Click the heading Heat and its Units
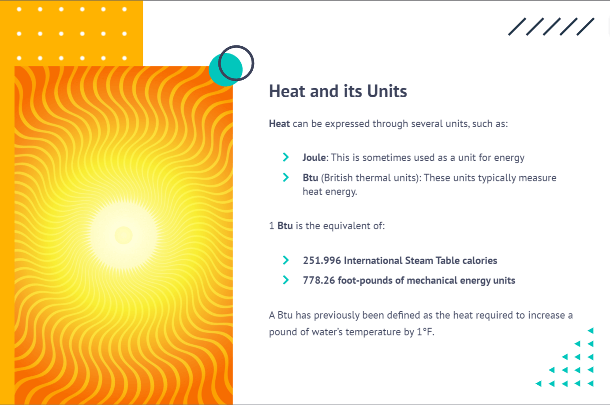point(338,91)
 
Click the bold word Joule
point(314,158)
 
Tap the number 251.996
point(322,261)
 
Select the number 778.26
point(319,280)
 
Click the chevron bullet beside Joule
point(286,157)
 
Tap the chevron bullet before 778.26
point(286,280)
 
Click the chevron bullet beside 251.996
point(286,260)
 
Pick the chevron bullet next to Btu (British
point(286,177)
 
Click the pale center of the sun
point(123,235)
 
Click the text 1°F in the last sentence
point(425,332)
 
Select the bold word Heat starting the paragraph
point(279,124)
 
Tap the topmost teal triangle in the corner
point(591,331)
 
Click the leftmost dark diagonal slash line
point(517,27)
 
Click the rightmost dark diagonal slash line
point(585,27)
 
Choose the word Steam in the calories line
point(419,261)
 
